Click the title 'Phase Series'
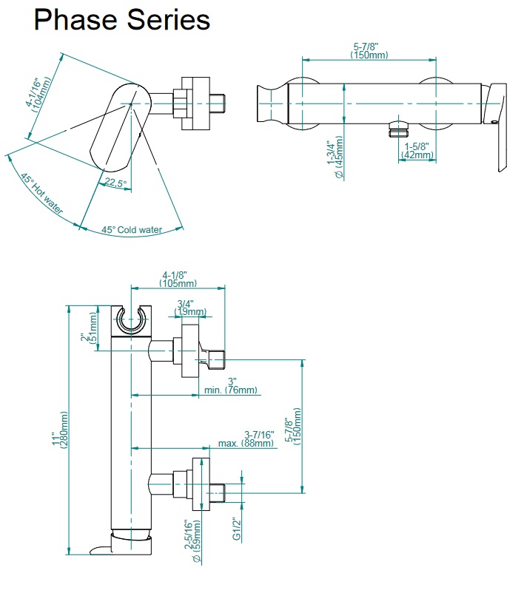coord(122,20)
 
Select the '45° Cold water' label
coord(132,230)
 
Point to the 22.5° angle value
coord(115,183)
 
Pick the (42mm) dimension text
coord(417,155)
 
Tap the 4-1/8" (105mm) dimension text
coord(178,279)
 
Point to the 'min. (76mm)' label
coord(231,390)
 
